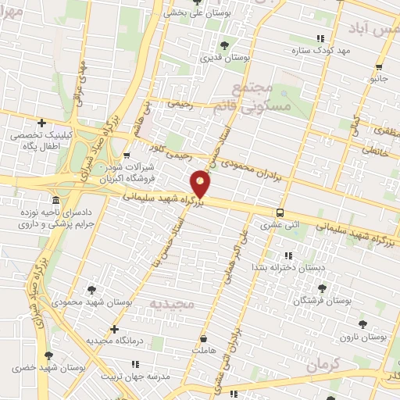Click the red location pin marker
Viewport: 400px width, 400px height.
tap(201, 185)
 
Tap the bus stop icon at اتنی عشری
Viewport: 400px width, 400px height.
tap(280, 212)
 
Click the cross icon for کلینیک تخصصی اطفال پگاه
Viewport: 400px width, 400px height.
tap(42, 123)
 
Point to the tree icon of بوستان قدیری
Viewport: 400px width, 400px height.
tap(225, 45)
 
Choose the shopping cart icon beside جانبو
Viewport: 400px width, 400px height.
tap(379, 66)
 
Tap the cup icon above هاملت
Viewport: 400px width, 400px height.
tap(204, 339)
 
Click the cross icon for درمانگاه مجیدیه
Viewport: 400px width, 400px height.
tap(115, 329)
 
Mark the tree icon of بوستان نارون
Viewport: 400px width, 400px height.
tap(361, 323)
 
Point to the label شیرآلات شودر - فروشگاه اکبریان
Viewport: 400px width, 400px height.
tap(126, 173)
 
